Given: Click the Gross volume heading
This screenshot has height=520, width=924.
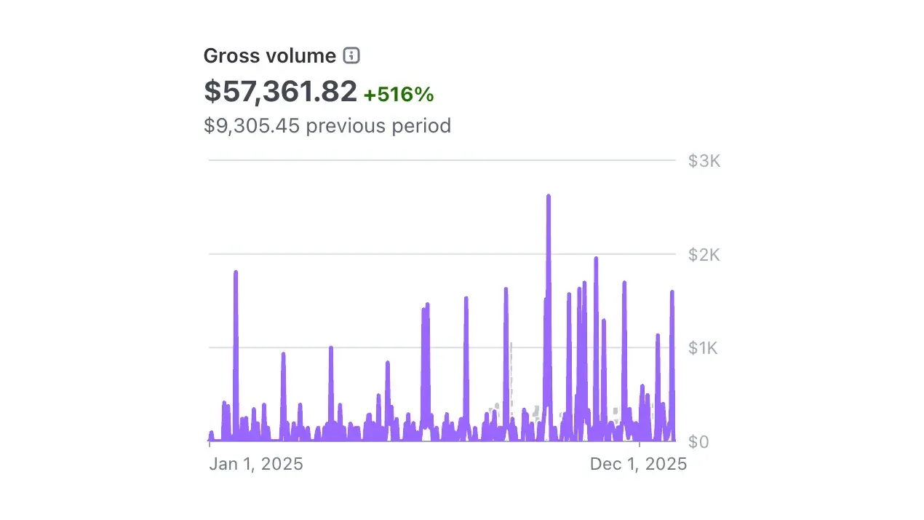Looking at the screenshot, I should coord(269,56).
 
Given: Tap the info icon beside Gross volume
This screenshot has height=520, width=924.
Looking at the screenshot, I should coord(351,55).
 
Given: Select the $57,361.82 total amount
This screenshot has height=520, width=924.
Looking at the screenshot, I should coord(280,91).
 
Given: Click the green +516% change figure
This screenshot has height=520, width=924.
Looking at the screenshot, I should coord(399,94).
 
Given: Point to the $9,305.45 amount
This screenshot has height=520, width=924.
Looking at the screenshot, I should coord(252,126).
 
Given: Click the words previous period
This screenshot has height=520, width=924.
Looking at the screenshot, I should coord(378,126).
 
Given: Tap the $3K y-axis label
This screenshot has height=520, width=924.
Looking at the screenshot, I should coord(704,161).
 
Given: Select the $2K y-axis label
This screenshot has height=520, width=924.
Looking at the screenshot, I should coord(704,255).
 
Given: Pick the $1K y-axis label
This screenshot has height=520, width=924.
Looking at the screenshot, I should coord(704,348).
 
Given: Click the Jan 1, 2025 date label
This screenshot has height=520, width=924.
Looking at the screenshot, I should coord(256,464).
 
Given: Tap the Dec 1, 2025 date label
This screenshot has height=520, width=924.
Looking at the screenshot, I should coord(638,464).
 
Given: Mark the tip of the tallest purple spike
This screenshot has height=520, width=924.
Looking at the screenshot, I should coord(548,196).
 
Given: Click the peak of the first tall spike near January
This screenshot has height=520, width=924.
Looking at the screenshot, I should coord(236,272).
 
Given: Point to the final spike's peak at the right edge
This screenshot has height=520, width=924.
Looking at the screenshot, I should coord(672,292).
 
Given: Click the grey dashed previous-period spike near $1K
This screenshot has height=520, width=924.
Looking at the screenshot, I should coord(511,344).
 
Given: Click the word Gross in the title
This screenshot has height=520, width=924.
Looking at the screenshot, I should coord(226,56).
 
